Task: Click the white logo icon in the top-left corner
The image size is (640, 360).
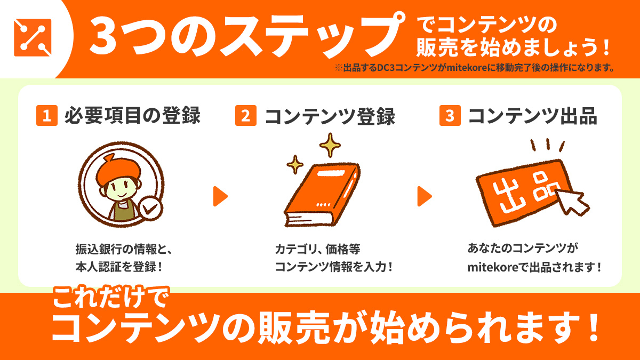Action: [x=33, y=37]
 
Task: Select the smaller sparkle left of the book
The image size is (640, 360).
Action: [x=294, y=165]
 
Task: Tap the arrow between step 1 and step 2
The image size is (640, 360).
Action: [x=220, y=196]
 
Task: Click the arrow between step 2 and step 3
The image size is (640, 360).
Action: [x=424, y=196]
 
